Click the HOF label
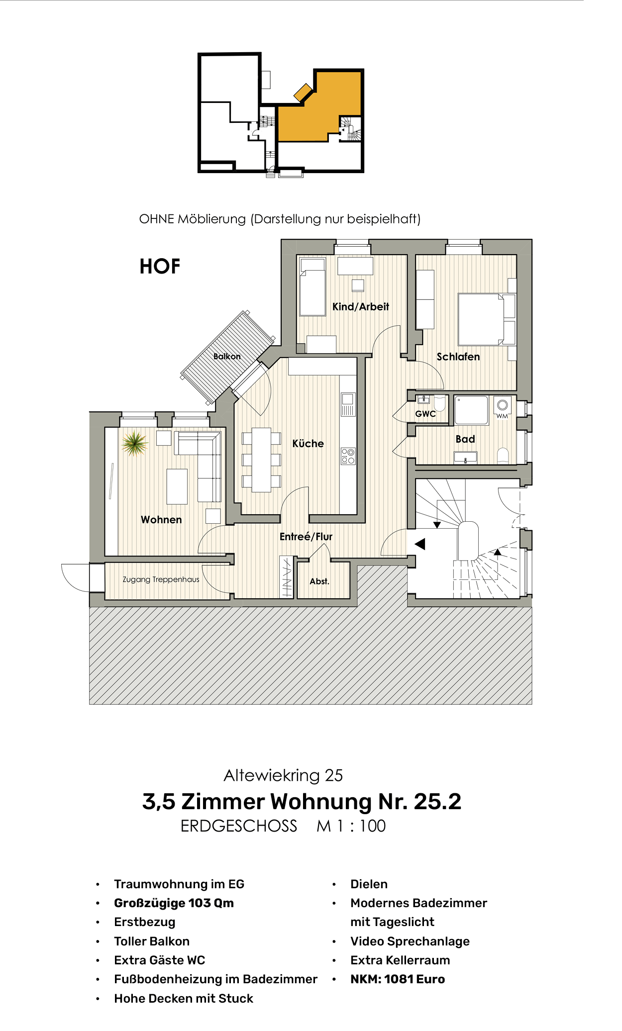coord(160,266)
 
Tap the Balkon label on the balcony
coord(227,356)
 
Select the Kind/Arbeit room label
coord(360,306)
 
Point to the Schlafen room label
coord(458,357)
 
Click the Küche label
coord(308,443)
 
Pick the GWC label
coord(425,413)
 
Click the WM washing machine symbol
coord(503,408)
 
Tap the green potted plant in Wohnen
coord(134,443)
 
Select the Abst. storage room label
coord(319,581)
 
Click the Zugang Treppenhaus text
coord(161,579)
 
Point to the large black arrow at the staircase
coord(420,544)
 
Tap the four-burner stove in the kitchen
coord(348,456)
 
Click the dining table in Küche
coord(261,460)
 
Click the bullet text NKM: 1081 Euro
coord(397,979)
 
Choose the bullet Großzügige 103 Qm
coord(174,903)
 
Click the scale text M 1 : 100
coord(351,826)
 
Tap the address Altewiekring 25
coord(283,775)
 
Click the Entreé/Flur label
coord(306,536)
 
